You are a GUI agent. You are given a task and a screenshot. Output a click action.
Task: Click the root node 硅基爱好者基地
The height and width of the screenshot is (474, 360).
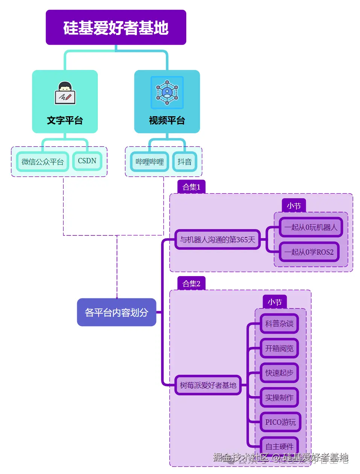coord(116,28)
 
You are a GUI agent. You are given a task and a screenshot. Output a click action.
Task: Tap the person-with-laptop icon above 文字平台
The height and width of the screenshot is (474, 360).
coord(65,93)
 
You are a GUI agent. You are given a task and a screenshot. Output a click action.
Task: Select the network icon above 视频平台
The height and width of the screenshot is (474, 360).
coord(167,93)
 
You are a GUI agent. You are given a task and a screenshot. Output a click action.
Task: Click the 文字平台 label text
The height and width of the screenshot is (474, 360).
coord(65,120)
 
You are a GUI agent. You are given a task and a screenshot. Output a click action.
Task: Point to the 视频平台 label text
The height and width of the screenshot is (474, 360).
coord(167,120)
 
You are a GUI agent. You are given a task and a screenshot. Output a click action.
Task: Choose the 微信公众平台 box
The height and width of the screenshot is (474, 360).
coord(43,162)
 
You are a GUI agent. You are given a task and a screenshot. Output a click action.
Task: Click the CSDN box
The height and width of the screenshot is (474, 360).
coord(87,161)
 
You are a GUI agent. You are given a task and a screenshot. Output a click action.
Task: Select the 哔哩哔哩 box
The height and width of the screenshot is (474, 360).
coord(150,162)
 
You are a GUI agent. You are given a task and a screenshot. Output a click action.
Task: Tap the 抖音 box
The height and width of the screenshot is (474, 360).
coord(184,162)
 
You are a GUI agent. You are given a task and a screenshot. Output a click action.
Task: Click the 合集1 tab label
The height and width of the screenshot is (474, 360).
coord(191,187)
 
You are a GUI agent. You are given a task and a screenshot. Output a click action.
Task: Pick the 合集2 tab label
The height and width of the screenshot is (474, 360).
coord(191,284)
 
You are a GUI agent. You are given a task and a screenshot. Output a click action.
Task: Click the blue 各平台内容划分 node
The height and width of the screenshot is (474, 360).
coord(117,312)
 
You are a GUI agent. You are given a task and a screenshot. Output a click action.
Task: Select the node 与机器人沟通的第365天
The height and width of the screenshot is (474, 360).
coord(217,240)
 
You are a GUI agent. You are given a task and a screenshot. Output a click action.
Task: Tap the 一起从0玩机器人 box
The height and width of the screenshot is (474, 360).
coord(311,227)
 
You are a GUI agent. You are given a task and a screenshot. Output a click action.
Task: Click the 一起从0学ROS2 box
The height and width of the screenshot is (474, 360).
coord(309,252)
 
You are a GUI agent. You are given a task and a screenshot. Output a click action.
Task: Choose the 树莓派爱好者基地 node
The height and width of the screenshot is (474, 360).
coord(208,385)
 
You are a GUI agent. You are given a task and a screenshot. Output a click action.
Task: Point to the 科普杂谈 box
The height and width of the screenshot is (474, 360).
coord(279,324)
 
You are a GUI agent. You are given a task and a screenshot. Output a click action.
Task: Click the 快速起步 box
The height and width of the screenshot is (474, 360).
coord(279,373)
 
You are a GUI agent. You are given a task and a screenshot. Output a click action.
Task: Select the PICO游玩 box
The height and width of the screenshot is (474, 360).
coord(280,422)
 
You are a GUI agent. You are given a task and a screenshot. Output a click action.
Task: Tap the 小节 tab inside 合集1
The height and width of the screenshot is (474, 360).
coord(294,206)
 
